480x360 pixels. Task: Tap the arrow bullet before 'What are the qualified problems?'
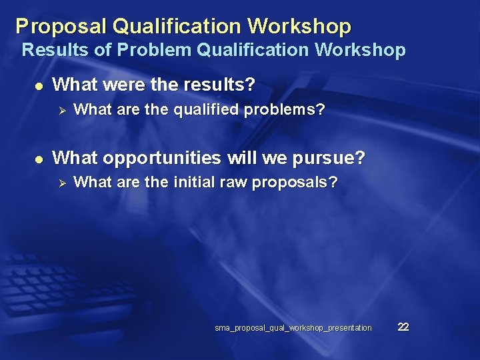pyautogui.click(x=59, y=110)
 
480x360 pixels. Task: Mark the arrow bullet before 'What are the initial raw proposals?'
pyautogui.click(x=59, y=183)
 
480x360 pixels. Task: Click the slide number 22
pyautogui.click(x=403, y=327)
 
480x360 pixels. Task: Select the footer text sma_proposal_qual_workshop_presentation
pyautogui.click(x=293, y=328)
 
